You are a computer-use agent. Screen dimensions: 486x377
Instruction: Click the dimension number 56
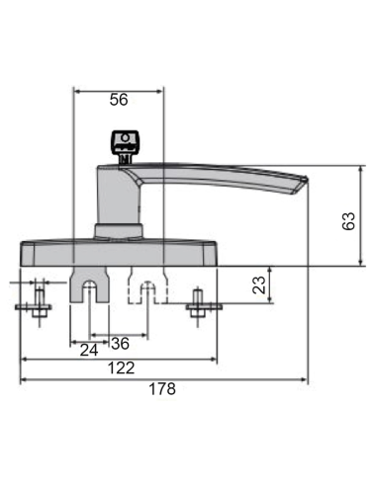coord(119,100)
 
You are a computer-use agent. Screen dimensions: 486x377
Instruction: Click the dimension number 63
coord(347,221)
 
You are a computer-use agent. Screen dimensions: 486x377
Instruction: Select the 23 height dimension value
coord(258,286)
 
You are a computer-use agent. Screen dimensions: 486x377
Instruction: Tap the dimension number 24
coord(88,350)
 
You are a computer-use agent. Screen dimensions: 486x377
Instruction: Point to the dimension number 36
coord(120,344)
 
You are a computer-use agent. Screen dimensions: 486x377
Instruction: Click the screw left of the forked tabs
coord(39,304)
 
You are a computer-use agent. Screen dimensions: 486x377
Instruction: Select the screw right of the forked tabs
coord(199,304)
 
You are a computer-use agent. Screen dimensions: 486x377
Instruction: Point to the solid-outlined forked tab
coord(90,283)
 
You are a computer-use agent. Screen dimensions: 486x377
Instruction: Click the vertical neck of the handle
coord(117,198)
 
